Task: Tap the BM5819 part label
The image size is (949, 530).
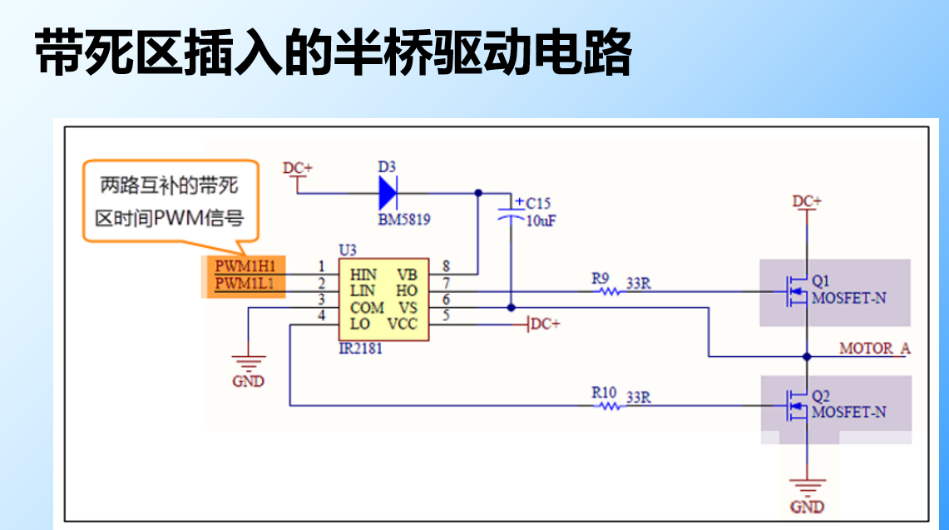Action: pyautogui.click(x=404, y=220)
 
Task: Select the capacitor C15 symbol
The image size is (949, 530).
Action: pyautogui.click(x=511, y=212)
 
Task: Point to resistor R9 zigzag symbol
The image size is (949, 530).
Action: pyautogui.click(x=610, y=291)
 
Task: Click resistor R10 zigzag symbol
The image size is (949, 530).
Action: pyautogui.click(x=610, y=406)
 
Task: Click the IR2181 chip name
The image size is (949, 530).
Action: pyautogui.click(x=360, y=349)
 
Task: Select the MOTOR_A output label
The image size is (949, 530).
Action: pyautogui.click(x=874, y=348)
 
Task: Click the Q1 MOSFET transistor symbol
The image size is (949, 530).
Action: pyautogui.click(x=796, y=291)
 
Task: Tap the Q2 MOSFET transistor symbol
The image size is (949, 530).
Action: pyautogui.click(x=796, y=406)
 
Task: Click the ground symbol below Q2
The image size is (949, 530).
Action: pyautogui.click(x=806, y=487)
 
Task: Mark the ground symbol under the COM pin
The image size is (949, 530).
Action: pyautogui.click(x=248, y=364)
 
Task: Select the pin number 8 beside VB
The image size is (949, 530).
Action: pyautogui.click(x=446, y=266)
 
